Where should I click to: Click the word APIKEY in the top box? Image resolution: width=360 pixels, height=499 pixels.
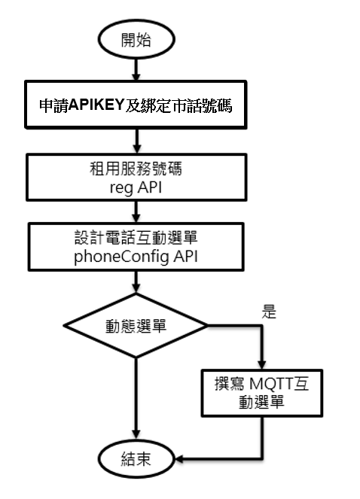coord(96,105)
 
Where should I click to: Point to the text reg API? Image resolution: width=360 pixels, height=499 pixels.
coord(136,187)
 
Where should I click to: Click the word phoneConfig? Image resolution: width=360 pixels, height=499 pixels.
coord(121,257)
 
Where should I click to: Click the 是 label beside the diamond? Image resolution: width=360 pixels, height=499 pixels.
coord(269,312)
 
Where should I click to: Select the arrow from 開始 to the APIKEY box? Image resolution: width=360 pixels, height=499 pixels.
coord(136,70)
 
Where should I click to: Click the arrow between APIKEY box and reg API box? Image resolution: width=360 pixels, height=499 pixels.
coord(137,141)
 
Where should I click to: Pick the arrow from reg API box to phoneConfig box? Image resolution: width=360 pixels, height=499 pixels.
coord(136,211)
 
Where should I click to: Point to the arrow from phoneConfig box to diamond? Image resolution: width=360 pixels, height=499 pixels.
coord(136,282)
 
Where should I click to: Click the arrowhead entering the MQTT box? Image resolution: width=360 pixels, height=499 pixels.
coord(262,365)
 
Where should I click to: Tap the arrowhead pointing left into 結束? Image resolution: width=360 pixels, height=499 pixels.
coord(179,459)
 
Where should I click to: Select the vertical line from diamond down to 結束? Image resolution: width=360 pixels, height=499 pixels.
coord(136,398)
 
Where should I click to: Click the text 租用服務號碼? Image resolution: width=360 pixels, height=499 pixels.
coord(136,169)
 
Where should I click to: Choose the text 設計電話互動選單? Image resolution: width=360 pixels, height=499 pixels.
coord(136,237)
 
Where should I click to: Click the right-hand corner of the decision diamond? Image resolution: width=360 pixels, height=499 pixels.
coord(208,325)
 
